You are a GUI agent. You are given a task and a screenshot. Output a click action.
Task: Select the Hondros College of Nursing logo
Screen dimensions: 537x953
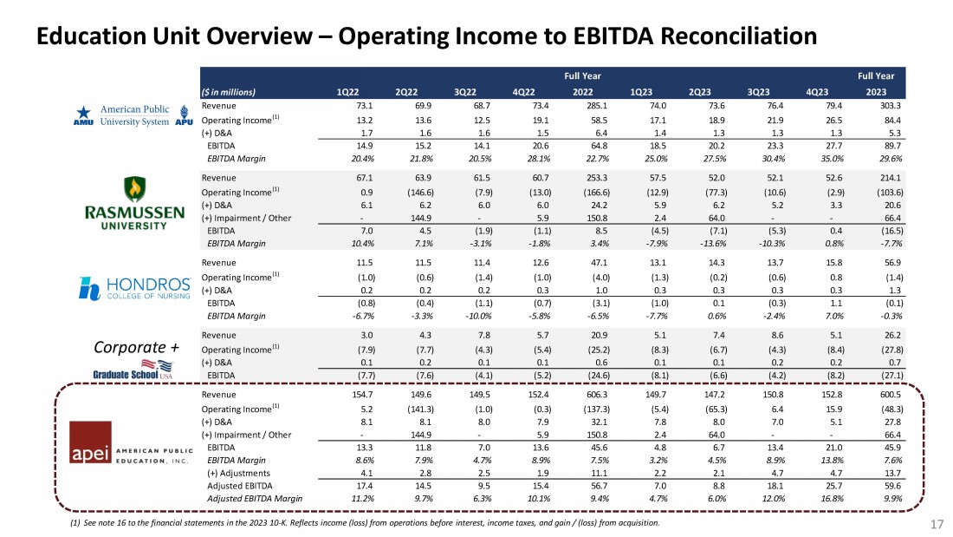[133, 287]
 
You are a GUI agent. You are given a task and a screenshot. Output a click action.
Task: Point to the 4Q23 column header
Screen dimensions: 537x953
[817, 90]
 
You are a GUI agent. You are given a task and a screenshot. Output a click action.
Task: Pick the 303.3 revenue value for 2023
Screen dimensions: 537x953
[882, 105]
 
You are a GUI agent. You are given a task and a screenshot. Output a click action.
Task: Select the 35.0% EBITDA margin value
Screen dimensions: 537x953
[815, 159]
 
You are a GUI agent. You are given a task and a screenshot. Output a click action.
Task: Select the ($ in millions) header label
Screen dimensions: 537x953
[229, 90]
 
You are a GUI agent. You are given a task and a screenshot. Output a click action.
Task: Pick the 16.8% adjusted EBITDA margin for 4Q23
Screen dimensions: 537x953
[815, 499]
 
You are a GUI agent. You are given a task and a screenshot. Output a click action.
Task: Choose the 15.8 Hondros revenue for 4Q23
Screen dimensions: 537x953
[817, 261]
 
